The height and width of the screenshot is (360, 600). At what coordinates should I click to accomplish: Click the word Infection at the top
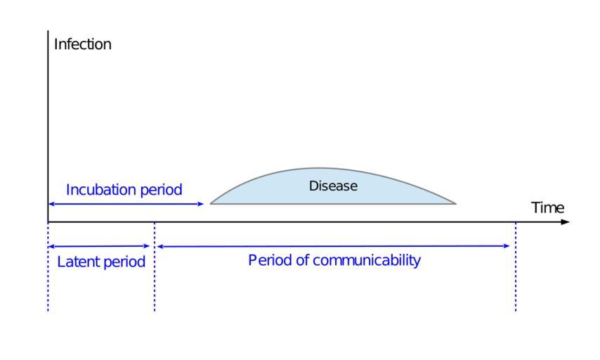(83, 44)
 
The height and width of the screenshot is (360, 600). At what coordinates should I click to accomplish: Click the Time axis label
(547, 207)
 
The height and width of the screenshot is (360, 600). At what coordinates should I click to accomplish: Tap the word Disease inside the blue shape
(334, 186)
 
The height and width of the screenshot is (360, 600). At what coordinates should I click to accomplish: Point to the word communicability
(367, 260)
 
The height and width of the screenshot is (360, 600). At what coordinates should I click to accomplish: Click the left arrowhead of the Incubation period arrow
(51, 204)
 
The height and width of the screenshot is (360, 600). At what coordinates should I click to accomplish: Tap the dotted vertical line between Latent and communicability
(155, 281)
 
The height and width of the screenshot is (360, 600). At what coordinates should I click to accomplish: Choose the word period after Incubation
(161, 190)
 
